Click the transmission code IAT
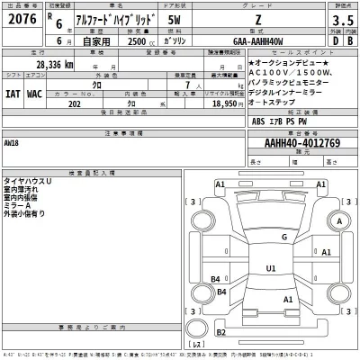pos(14,93)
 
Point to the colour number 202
pos(76,103)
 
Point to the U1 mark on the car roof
pos(271,267)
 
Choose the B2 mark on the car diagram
pos(216,279)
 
